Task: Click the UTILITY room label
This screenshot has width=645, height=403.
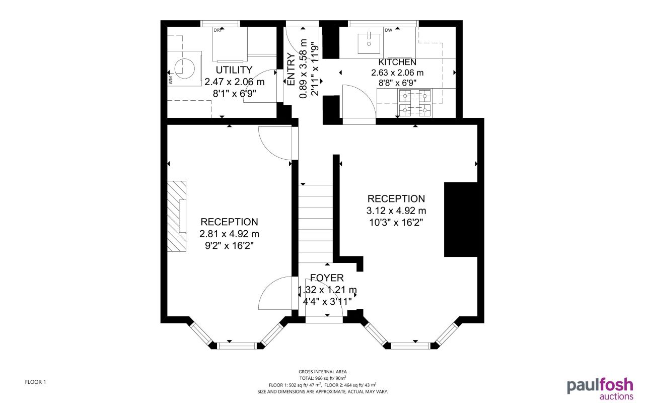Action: [x=234, y=70]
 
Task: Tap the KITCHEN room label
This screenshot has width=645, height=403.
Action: [x=397, y=62]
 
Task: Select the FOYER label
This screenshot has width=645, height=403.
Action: [x=327, y=278]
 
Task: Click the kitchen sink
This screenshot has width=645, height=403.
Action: [x=369, y=43]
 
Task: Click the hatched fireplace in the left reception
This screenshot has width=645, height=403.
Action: [x=177, y=216]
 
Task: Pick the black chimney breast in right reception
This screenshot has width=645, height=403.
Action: [x=460, y=220]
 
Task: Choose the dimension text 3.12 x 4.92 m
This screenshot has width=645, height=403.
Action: [x=396, y=211]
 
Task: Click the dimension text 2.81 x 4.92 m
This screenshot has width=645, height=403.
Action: [x=229, y=234]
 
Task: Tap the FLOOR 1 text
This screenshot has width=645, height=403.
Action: [x=35, y=382]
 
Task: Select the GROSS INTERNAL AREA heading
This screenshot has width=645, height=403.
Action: [x=322, y=372]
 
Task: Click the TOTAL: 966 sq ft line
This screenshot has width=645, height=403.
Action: [x=322, y=378]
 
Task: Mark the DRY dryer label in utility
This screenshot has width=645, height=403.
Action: [x=218, y=31]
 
